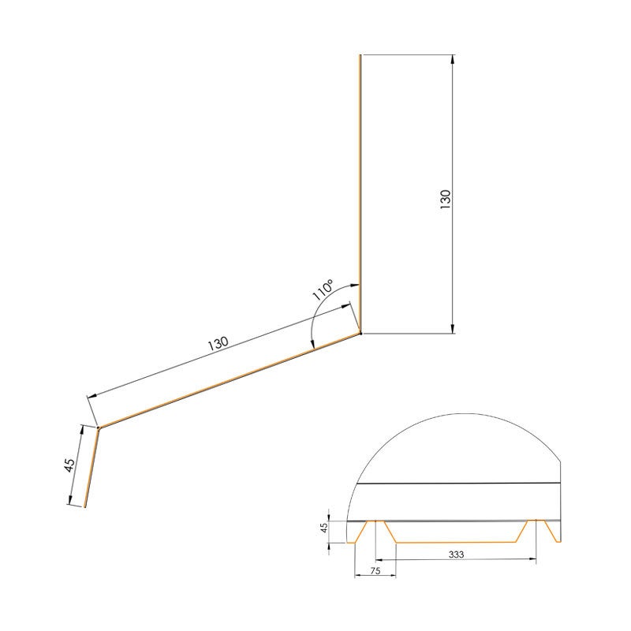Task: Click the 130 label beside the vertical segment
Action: (445, 199)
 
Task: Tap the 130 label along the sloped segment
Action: (218, 344)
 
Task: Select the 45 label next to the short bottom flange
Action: (69, 465)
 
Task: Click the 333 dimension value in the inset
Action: (456, 554)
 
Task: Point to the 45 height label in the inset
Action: (323, 528)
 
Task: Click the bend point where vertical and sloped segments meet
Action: (360, 334)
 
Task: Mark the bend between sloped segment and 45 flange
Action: (98, 428)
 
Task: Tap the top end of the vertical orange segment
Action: (360, 56)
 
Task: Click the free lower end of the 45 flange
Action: (85, 507)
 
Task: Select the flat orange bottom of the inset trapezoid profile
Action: (457, 543)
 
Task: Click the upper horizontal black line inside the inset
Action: (457, 482)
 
